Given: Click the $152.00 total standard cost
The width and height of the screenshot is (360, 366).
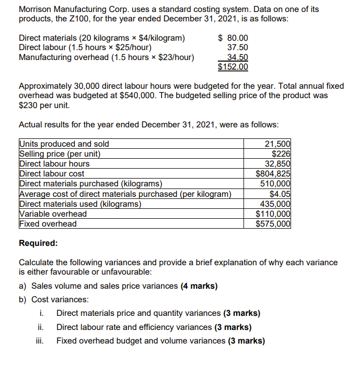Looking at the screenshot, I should click(233, 67).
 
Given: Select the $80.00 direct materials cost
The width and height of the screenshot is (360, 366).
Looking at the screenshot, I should click(233, 38).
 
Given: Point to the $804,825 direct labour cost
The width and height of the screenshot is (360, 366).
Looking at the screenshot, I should click(273, 174).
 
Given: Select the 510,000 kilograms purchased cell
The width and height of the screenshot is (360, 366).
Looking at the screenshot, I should click(276, 184).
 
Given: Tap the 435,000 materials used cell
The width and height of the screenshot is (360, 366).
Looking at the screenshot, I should click(276, 204).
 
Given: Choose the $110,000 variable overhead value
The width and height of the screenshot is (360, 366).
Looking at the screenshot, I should click(273, 214).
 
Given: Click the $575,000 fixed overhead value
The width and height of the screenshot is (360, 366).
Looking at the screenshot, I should click(273, 223).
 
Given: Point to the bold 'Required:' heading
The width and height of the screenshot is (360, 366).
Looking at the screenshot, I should click(38, 243).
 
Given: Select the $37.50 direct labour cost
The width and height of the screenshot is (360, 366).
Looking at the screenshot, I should click(238, 48).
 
